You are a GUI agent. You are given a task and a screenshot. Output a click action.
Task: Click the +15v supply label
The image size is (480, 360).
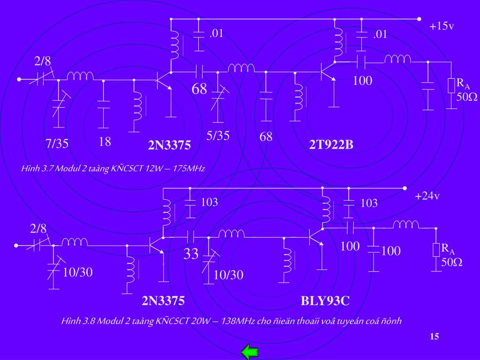[x=442, y=26]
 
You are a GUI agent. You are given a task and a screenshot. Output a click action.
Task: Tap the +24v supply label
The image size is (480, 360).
[x=427, y=196]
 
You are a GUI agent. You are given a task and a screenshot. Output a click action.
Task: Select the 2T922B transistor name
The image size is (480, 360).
[x=331, y=145]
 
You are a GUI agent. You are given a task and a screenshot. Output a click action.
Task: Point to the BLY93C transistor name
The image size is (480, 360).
[x=325, y=300]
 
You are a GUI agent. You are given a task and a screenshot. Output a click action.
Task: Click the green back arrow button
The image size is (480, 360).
[x=250, y=352]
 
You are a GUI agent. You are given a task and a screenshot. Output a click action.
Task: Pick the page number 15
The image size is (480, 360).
[x=434, y=337]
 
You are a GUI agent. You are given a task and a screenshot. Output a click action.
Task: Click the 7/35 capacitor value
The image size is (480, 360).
[x=57, y=143]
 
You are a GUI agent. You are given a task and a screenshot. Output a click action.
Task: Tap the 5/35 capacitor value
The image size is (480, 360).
[x=218, y=136]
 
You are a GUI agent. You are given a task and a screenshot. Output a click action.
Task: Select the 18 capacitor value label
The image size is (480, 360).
[x=105, y=142]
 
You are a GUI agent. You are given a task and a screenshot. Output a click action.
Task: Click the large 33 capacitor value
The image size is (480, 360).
[x=191, y=254]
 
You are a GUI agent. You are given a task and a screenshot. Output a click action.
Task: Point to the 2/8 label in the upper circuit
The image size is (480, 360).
[x=43, y=61]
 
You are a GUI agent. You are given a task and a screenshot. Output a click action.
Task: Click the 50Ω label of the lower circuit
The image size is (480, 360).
[x=452, y=262]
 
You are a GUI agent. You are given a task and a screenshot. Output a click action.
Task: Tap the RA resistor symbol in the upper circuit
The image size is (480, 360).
[x=451, y=85]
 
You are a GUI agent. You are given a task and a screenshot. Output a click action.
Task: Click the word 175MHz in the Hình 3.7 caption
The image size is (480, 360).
[x=189, y=168]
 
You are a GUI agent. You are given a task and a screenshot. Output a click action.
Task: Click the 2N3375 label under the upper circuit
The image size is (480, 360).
[x=170, y=146]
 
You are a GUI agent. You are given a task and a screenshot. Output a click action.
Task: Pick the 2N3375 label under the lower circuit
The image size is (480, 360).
[x=163, y=300]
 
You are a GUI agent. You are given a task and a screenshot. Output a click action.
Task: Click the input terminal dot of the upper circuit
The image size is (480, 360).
[x=19, y=80]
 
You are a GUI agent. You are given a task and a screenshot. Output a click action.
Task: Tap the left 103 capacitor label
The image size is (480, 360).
[x=210, y=202]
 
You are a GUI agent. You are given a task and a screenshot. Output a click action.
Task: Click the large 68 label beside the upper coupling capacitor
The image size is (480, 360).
[x=199, y=89]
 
